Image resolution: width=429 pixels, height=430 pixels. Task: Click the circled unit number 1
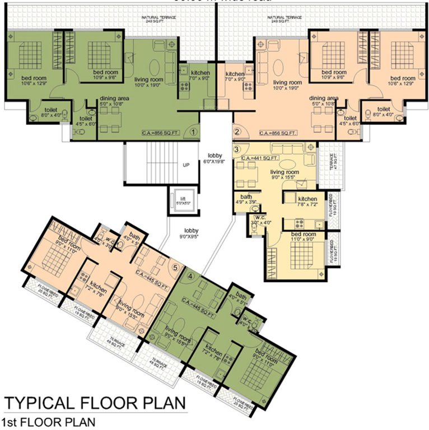click(193, 132)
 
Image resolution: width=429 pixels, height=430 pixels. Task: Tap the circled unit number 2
click(237, 132)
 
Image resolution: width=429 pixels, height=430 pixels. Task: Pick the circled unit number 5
click(176, 268)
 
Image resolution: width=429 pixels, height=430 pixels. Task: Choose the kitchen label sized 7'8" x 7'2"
click(307, 202)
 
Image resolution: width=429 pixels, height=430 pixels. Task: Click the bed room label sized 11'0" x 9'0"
click(303, 236)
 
